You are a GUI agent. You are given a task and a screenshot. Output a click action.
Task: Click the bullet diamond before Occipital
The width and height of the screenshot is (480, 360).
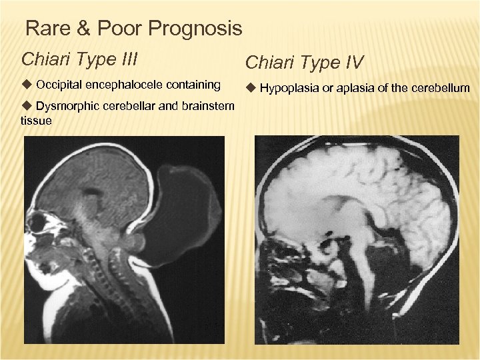click(x=27, y=85)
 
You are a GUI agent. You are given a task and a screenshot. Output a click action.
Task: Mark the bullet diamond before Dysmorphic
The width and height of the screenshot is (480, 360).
click(x=27, y=106)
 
